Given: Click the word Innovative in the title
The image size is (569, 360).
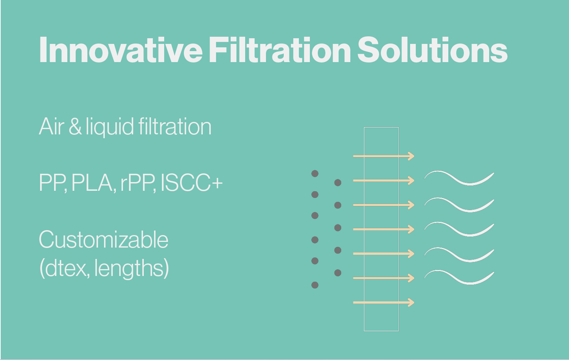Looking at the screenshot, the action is [121, 50].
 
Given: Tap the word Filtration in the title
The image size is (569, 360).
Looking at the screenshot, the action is [280, 50].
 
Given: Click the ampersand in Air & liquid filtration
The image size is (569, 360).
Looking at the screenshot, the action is [75, 126].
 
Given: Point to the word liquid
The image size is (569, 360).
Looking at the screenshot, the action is [110, 127].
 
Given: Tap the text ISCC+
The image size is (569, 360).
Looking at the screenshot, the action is [192, 182].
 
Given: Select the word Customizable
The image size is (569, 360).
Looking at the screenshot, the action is [103, 240].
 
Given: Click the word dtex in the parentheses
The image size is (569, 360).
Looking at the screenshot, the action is [67, 268].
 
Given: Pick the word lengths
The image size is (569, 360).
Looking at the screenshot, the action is [129, 268].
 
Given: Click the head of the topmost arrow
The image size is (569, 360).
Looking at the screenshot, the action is [411, 156].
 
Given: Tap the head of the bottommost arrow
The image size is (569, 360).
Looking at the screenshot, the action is [411, 302].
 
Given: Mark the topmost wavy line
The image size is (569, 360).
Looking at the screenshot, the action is [459, 178].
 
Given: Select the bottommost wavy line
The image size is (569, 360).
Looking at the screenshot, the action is [459, 277].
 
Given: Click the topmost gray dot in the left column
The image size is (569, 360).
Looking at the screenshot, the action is [315, 174].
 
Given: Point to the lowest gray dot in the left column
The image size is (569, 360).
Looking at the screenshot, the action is [315, 285].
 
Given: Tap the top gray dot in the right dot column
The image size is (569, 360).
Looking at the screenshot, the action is [338, 182].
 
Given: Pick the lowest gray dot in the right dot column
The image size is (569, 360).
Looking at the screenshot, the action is [338, 273].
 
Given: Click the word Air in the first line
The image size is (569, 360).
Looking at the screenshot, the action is [51, 126].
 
